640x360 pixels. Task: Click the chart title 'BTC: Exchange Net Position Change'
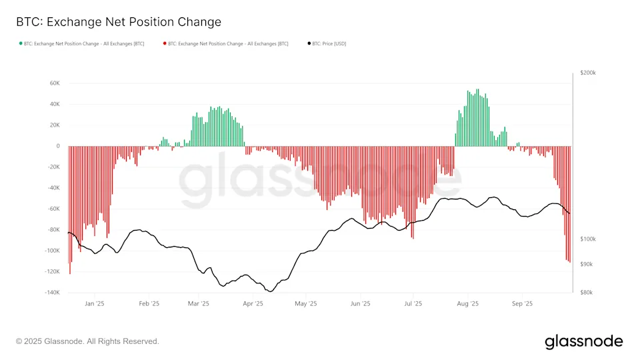(x=119, y=22)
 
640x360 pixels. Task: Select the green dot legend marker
(x=21, y=44)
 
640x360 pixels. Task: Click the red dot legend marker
(x=165, y=44)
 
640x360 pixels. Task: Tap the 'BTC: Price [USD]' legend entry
(x=329, y=44)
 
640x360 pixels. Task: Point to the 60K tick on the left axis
(x=55, y=83)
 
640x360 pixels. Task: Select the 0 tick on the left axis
(x=58, y=146)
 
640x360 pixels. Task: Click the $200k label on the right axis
(x=587, y=73)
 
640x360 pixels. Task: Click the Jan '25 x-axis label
(x=95, y=304)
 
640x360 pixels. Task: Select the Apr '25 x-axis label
(x=253, y=304)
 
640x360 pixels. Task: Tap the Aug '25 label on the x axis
(x=468, y=304)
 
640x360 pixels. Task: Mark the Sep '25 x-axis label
(x=522, y=304)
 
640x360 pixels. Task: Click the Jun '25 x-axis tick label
(x=360, y=304)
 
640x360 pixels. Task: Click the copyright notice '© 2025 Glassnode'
(x=87, y=341)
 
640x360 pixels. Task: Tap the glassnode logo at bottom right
(x=583, y=341)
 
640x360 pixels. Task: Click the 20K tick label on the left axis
(x=55, y=125)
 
